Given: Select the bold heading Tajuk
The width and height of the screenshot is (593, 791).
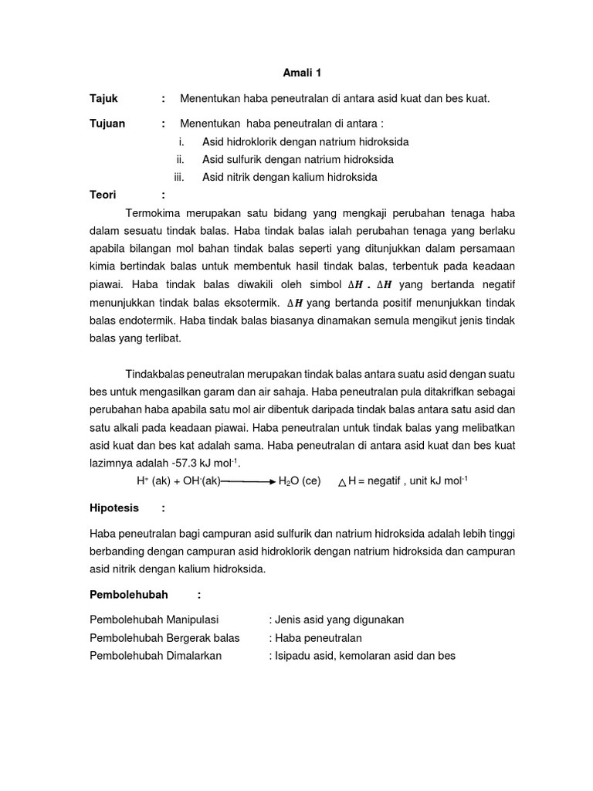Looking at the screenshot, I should [104, 98].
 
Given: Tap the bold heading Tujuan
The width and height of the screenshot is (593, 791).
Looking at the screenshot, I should [107, 124].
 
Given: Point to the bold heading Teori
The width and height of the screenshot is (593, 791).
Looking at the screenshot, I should [103, 195].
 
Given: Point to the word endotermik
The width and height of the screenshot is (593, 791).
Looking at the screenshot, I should [142, 319].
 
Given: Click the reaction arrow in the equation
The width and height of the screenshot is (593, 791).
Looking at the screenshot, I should [248, 480].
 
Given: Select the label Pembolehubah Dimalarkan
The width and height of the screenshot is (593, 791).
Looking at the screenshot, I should [156, 655].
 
